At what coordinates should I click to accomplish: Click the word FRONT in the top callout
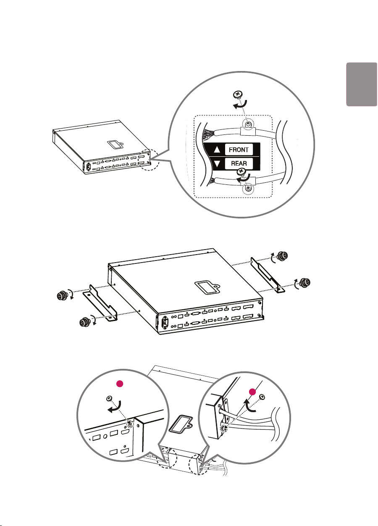[x=239, y=150]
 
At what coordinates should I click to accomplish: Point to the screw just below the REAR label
[x=242, y=171]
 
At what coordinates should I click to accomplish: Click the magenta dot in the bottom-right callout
[x=253, y=392]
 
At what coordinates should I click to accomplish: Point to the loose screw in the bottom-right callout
[x=262, y=396]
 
